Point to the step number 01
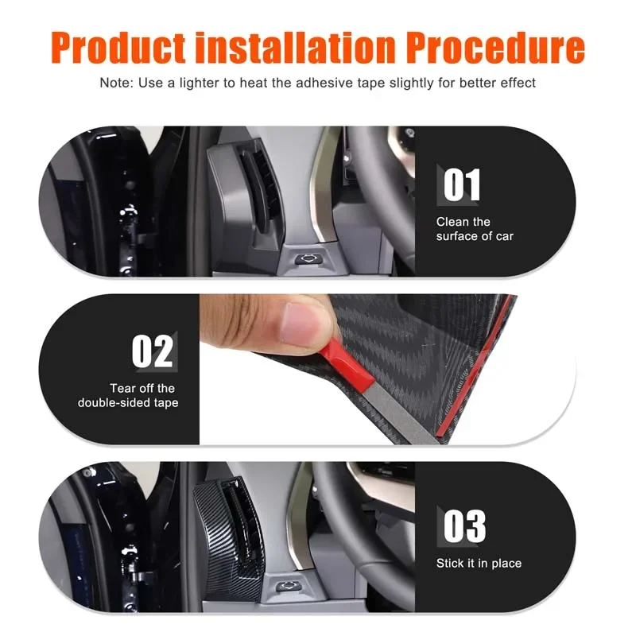click(462, 184)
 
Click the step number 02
click(152, 351)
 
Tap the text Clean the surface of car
click(475, 229)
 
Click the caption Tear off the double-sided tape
click(128, 395)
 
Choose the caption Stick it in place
click(479, 564)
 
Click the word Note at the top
click(114, 83)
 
